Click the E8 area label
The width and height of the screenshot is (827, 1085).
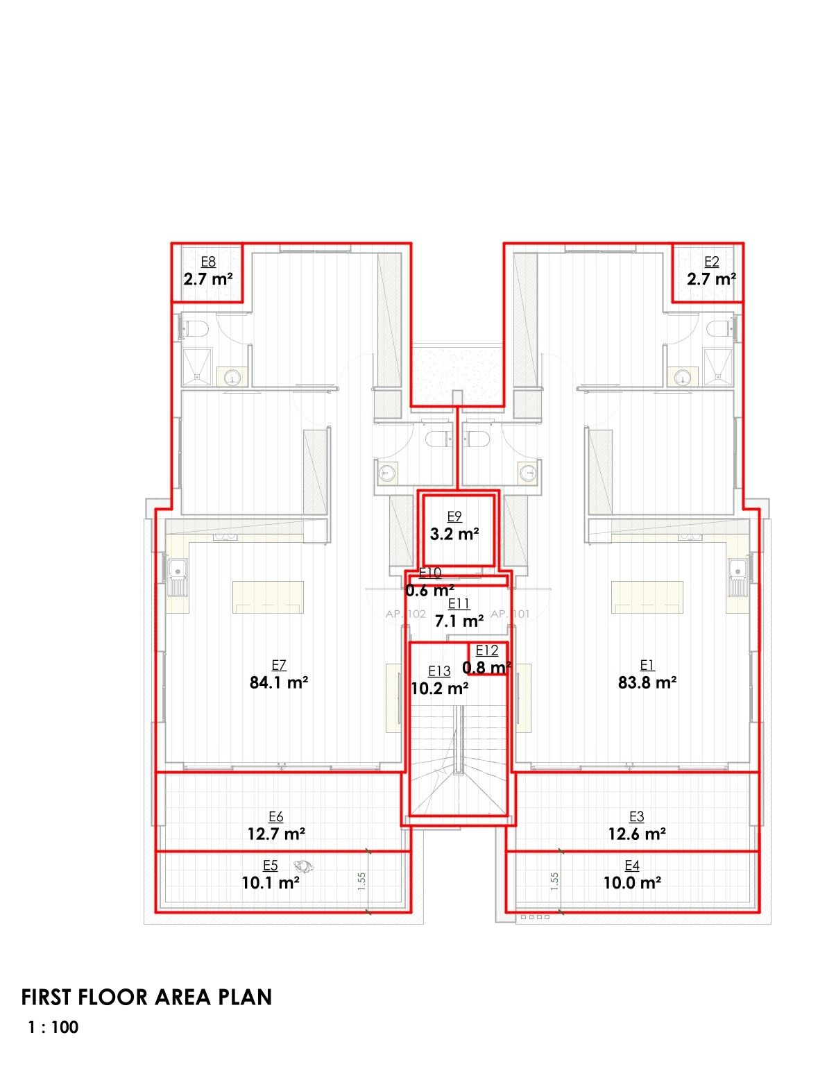(x=208, y=262)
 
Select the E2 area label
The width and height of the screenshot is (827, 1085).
(x=711, y=262)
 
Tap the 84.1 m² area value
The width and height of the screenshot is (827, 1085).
(x=279, y=682)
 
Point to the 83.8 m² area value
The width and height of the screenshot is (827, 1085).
(x=647, y=682)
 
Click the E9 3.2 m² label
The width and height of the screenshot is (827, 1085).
(x=454, y=526)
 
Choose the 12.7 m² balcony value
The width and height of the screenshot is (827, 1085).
(x=276, y=834)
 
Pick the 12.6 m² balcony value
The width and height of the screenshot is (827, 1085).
(x=637, y=834)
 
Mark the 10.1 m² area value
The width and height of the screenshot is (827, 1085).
(x=271, y=883)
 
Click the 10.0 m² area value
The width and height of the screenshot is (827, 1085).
(x=632, y=883)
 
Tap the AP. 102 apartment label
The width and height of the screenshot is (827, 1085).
(x=406, y=614)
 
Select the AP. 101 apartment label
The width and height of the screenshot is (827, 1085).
(x=510, y=614)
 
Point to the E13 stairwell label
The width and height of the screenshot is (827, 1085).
(x=439, y=671)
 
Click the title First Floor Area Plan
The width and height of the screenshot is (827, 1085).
(x=146, y=998)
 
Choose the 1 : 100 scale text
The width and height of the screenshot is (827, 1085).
(x=53, y=1027)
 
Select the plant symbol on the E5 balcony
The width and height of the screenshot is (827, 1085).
(x=303, y=866)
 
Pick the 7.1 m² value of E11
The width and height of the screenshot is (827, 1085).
(x=459, y=621)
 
